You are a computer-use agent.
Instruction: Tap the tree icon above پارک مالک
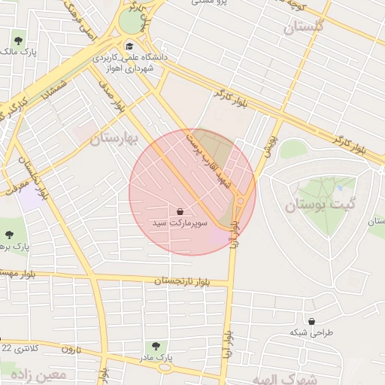(18, 41)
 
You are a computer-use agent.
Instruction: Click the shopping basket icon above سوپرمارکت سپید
(181, 212)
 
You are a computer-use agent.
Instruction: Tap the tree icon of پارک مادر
(156, 346)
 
